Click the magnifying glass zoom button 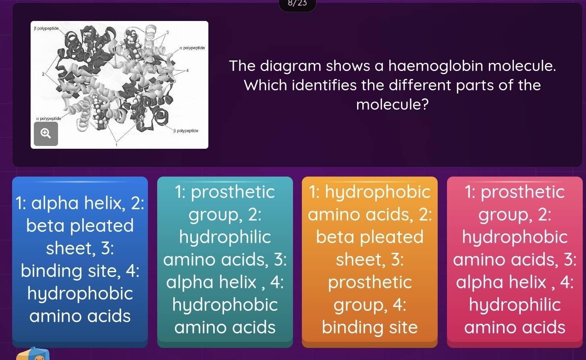click(46, 133)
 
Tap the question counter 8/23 click(297, 4)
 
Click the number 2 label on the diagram click(43, 74)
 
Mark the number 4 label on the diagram click(187, 70)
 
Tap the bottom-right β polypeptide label click(186, 131)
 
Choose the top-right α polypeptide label click(192, 48)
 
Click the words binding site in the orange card click(370, 327)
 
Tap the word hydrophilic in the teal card click(225, 237)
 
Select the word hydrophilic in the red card click(515, 305)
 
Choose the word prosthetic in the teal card click(233, 192)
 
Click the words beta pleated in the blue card click(80, 225)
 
